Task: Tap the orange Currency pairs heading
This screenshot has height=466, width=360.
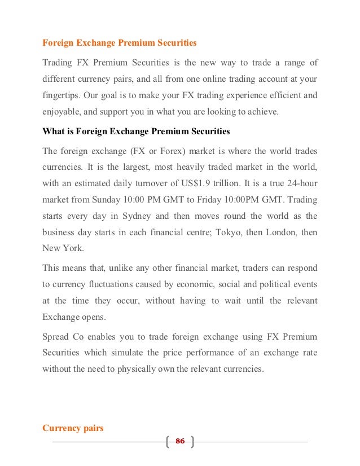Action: point(73,428)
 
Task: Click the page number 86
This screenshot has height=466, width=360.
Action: point(180,441)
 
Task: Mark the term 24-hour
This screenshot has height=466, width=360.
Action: point(300,184)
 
